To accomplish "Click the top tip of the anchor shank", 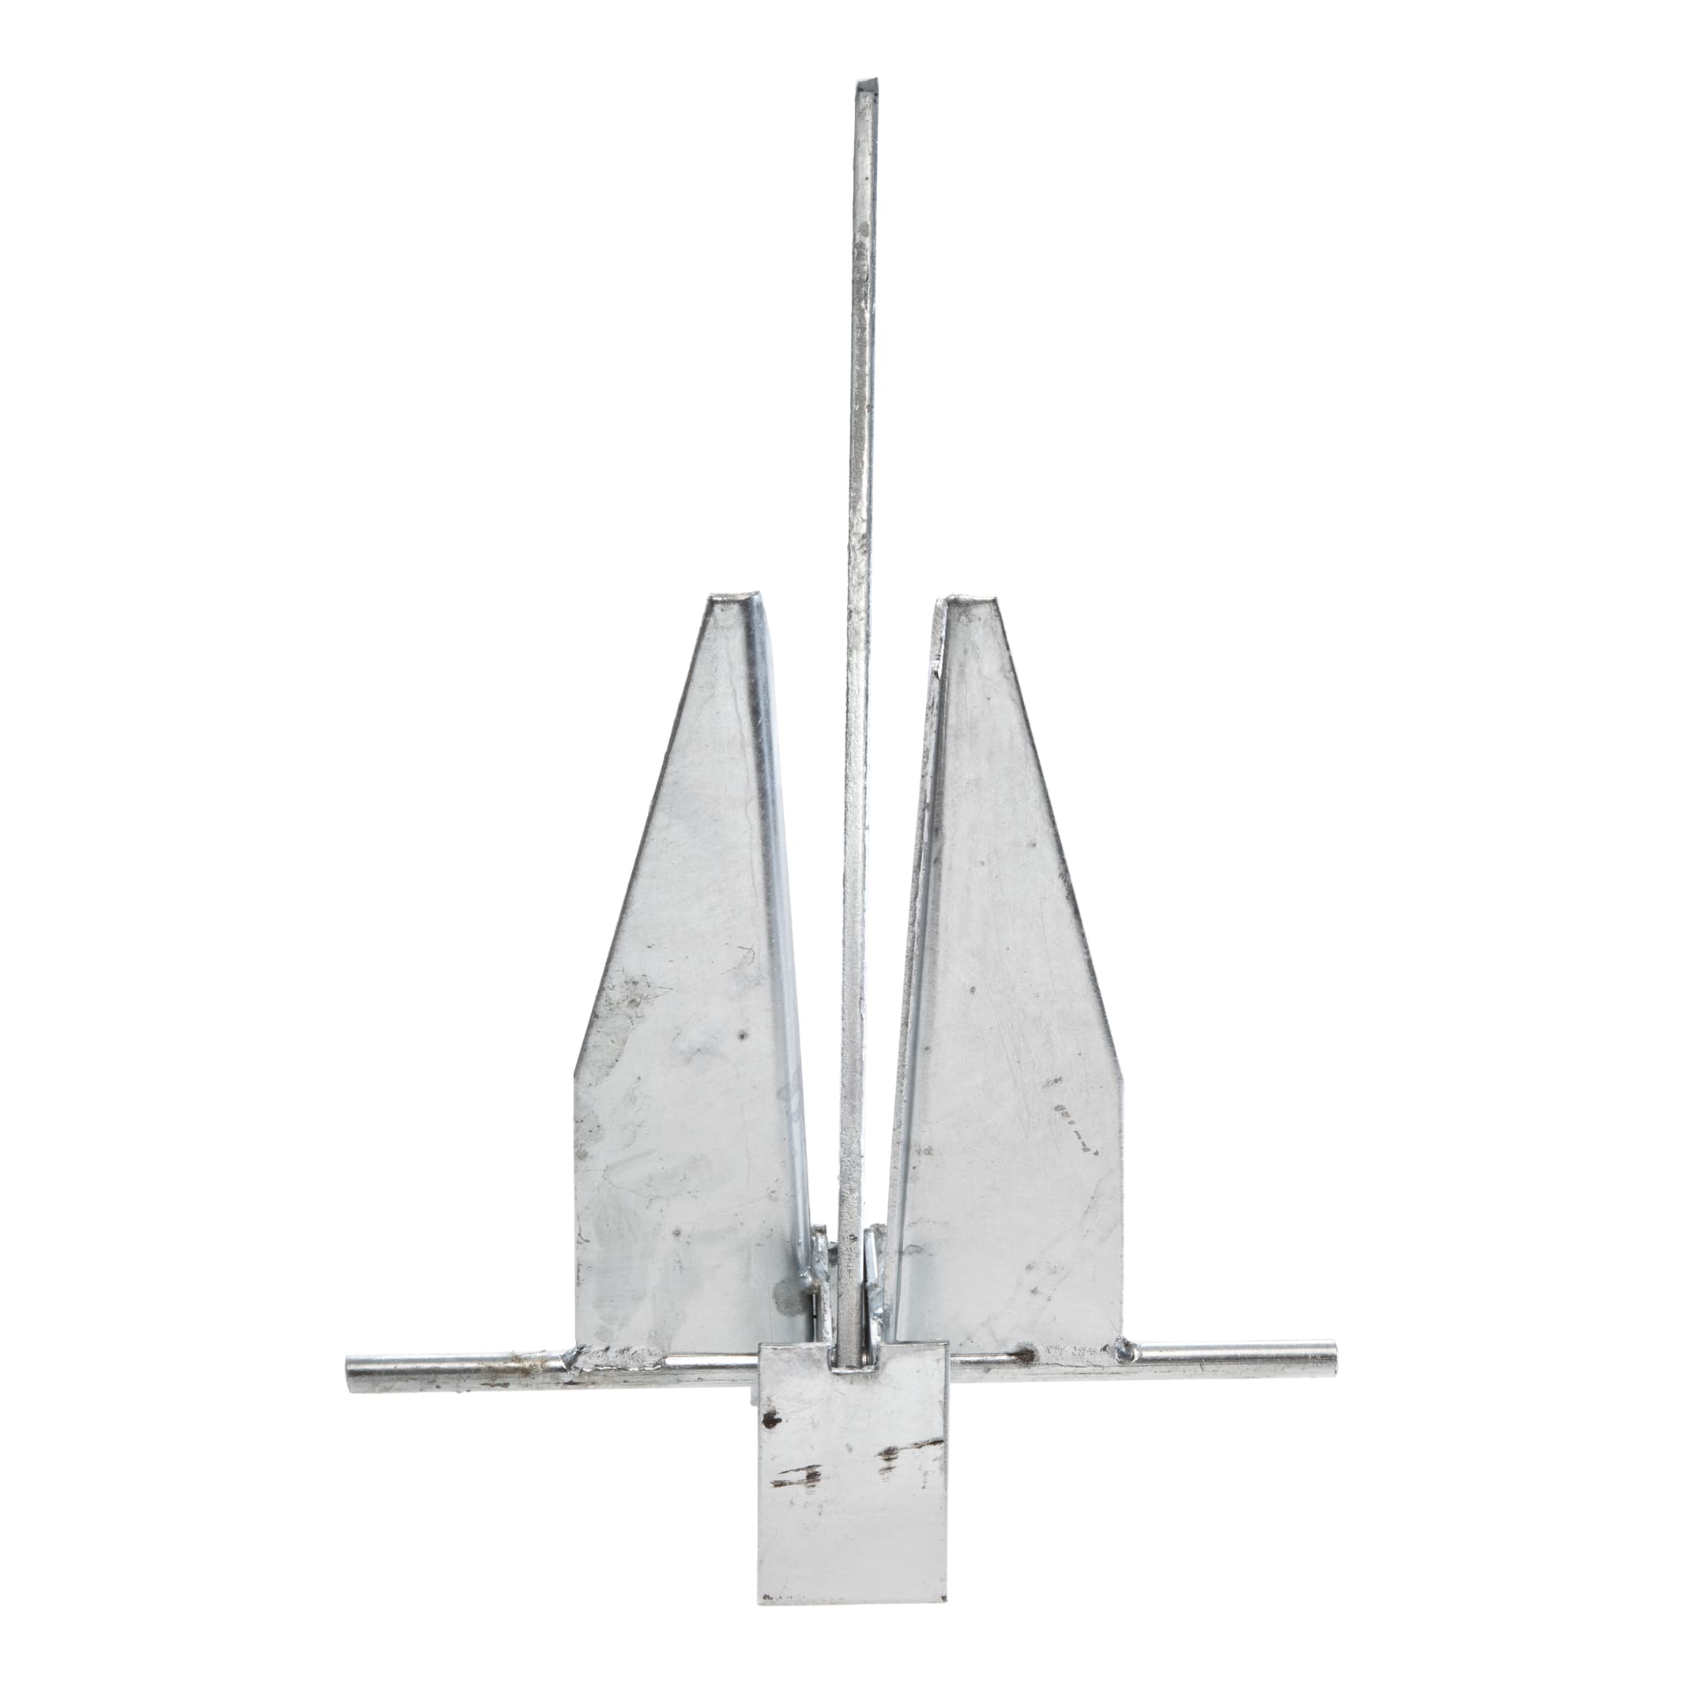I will (865, 85).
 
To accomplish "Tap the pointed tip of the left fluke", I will (732, 601).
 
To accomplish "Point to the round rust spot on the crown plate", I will (770, 1421).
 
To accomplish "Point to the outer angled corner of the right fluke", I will (1122, 1076).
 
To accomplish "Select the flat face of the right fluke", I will (1011, 1089).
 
